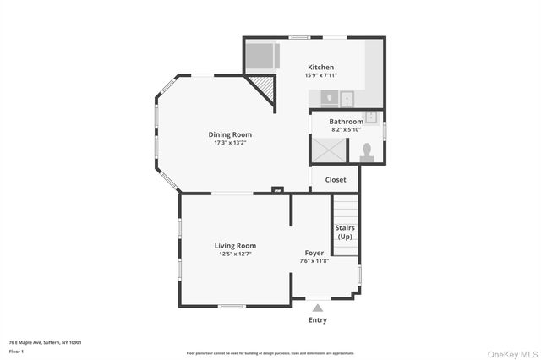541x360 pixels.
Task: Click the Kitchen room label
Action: [320, 68]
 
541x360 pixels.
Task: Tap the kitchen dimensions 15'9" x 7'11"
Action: [320, 75]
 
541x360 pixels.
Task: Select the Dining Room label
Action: [230, 134]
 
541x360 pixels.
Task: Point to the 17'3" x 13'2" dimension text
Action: [230, 142]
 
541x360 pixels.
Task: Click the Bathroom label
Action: [346, 122]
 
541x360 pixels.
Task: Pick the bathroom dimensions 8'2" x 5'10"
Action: [345, 129]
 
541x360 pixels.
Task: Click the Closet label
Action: [336, 179]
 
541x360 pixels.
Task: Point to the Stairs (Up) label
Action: [345, 232]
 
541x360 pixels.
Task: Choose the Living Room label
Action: [235, 245]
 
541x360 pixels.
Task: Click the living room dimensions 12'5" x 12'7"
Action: [235, 254]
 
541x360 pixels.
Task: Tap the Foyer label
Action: [314, 253]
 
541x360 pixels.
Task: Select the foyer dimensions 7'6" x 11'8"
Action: [314, 261]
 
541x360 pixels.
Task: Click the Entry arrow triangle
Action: [317, 308]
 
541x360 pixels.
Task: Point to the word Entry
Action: [317, 320]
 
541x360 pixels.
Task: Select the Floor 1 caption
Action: [16, 350]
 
